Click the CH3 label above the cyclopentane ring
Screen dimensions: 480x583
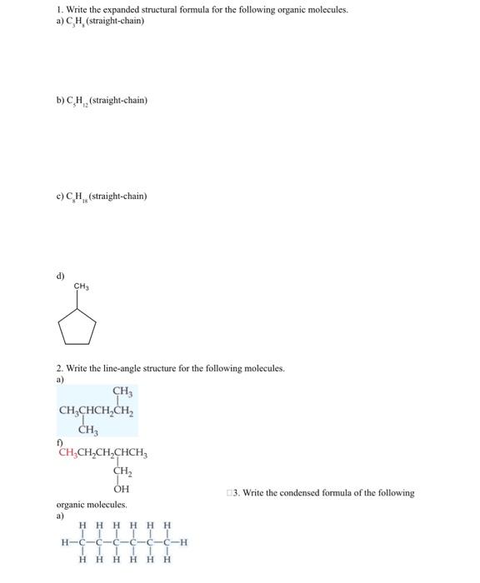pos(81,287)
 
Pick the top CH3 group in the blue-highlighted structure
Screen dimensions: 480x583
pos(121,391)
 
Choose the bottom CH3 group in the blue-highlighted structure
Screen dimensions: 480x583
pos(88,430)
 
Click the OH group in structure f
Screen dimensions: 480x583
pos(121,489)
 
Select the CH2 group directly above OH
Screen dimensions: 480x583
pos(121,471)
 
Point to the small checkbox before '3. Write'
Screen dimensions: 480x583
pos(227,493)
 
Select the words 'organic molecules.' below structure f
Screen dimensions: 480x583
pos(92,505)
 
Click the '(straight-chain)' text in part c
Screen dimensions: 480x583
pos(119,197)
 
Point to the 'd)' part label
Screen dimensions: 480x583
pos(60,274)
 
